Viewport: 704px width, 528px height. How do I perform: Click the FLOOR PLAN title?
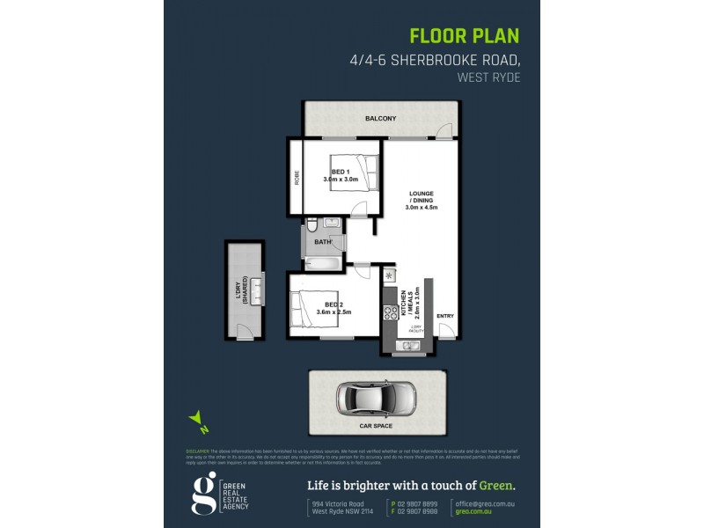coord(466,36)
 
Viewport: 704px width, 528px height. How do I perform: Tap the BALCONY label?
coord(380,118)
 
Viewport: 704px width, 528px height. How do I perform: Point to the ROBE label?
coord(297,177)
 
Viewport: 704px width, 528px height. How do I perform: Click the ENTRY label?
coord(445,316)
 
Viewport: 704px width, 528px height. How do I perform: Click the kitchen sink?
coord(407,346)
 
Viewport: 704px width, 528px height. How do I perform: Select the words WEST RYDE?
coord(488,77)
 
